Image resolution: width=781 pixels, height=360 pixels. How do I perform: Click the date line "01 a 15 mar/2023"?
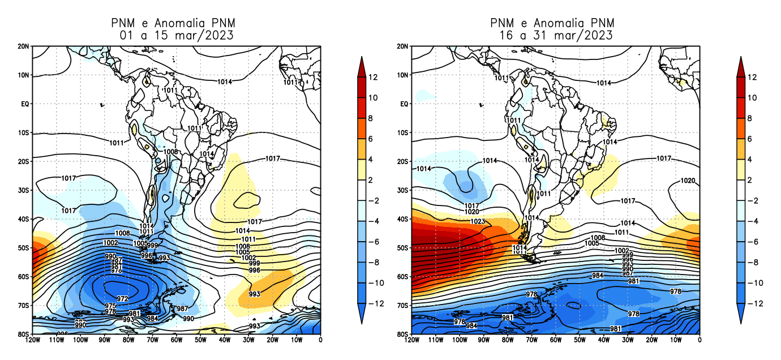(177, 35)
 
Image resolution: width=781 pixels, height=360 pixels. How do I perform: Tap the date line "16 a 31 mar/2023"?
(556, 35)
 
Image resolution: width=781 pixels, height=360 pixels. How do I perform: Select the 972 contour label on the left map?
(122, 298)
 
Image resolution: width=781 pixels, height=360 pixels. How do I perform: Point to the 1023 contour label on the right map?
(478, 221)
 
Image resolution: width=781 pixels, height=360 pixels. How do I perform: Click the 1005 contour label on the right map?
(592, 243)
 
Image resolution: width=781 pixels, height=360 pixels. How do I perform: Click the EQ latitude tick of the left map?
(24, 104)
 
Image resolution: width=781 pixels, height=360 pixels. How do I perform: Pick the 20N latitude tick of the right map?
(402, 46)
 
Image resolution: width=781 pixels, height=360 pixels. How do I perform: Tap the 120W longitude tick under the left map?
(32, 341)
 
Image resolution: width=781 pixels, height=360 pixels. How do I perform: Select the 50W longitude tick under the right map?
(580, 341)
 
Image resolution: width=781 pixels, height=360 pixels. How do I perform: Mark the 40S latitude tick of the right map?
(402, 219)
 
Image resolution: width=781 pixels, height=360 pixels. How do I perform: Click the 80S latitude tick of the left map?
(24, 334)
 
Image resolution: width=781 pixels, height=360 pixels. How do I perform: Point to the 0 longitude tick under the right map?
(700, 341)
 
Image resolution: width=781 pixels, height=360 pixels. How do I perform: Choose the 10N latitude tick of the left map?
(24, 75)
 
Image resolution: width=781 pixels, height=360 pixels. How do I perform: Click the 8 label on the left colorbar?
(373, 118)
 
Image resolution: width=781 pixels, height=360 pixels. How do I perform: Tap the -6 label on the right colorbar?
(752, 242)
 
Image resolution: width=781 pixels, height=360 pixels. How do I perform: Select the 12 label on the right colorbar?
(752, 77)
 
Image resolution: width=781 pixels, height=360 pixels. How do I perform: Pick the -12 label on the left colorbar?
(375, 303)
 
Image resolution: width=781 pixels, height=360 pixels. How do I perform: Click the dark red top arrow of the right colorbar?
(741, 65)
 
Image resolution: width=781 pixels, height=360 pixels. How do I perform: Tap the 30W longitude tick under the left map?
(248, 341)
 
